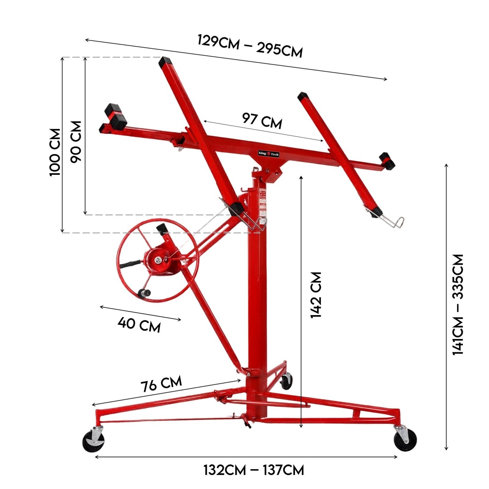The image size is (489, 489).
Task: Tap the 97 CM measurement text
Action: point(262,120)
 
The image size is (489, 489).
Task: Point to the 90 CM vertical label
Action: point(76,142)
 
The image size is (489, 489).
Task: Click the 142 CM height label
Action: point(316,295)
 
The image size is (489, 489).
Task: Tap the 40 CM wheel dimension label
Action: point(139,324)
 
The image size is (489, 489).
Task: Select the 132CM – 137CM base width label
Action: point(254,470)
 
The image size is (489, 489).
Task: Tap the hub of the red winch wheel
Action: point(159,260)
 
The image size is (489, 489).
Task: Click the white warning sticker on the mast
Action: point(262,200)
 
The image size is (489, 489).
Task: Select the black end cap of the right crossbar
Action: point(387,161)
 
